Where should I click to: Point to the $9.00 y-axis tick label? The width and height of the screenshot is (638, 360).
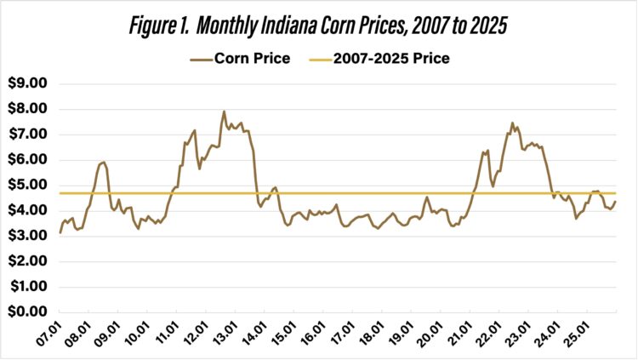pos(28,83)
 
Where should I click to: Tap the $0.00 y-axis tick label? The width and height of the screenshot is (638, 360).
pos(28,312)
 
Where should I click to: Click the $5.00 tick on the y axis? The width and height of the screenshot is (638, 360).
pos(28,185)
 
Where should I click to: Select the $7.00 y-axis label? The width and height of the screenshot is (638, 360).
pos(28,134)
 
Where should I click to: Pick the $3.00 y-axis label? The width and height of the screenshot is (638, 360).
pos(28,236)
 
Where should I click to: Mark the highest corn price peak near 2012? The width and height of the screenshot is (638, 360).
pos(224,111)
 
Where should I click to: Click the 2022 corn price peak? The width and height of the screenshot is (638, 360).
pos(512,123)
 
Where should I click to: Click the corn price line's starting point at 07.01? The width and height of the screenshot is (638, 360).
pos(60,232)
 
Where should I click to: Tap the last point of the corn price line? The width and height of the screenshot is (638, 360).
pos(616,202)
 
